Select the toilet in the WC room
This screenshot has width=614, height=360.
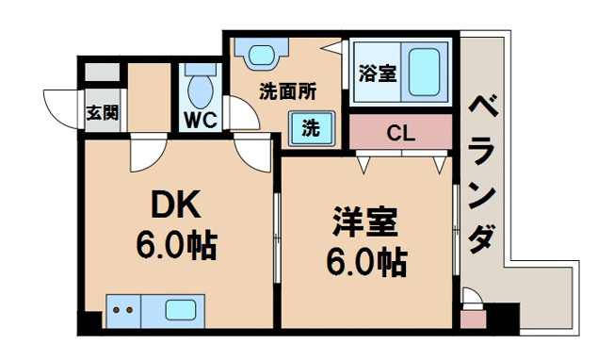coord(199,88)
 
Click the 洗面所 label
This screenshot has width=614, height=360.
coord(287,92)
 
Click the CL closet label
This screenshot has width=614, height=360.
coord(400,133)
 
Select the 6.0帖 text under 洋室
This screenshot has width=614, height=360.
coord(363,260)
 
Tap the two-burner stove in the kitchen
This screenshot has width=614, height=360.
coord(120,309)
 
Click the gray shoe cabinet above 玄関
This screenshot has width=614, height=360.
coord(103,72)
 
